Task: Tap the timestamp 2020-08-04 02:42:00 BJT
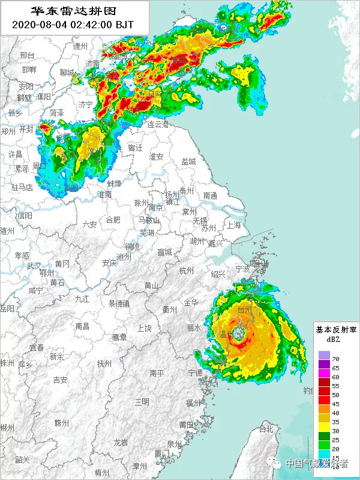coord(74,25)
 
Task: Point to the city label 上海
coord(233,225)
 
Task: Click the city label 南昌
coord(82,326)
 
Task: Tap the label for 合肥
coord(113,220)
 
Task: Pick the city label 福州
coord(193,402)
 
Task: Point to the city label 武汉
coord(34,266)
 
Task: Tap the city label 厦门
coord(162,453)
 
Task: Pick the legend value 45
coord(335,404)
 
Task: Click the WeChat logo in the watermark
coord(276,463)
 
